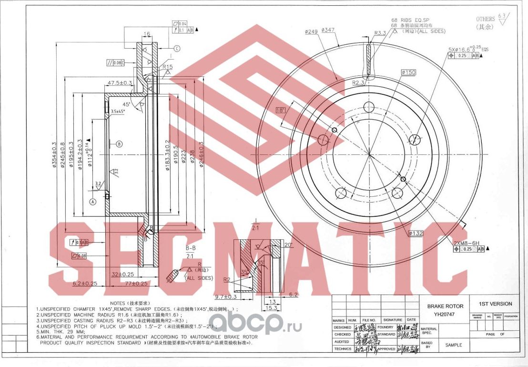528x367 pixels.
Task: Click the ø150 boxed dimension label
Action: pos(408,72)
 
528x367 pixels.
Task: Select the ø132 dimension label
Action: pos(416,233)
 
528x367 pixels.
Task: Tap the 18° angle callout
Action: pos(281,111)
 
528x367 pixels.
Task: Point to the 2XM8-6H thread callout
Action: pos(466,243)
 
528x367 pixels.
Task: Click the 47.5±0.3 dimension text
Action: pos(120,83)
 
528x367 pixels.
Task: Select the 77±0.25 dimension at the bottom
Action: pos(136,283)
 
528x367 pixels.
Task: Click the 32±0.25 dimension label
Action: pos(122,275)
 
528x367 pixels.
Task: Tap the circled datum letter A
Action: pos(93,202)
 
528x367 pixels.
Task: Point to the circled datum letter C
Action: pos(177,48)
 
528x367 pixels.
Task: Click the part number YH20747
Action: pos(442,314)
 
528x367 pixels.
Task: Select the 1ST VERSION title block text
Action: pos(495,304)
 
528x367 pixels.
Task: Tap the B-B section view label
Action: pos(191,248)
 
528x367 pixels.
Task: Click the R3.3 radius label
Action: pos(380,33)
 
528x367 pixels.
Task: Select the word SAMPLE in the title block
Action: pos(453,345)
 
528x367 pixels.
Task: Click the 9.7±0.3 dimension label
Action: pos(226,297)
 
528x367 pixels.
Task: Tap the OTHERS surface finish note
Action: pos(485,19)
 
